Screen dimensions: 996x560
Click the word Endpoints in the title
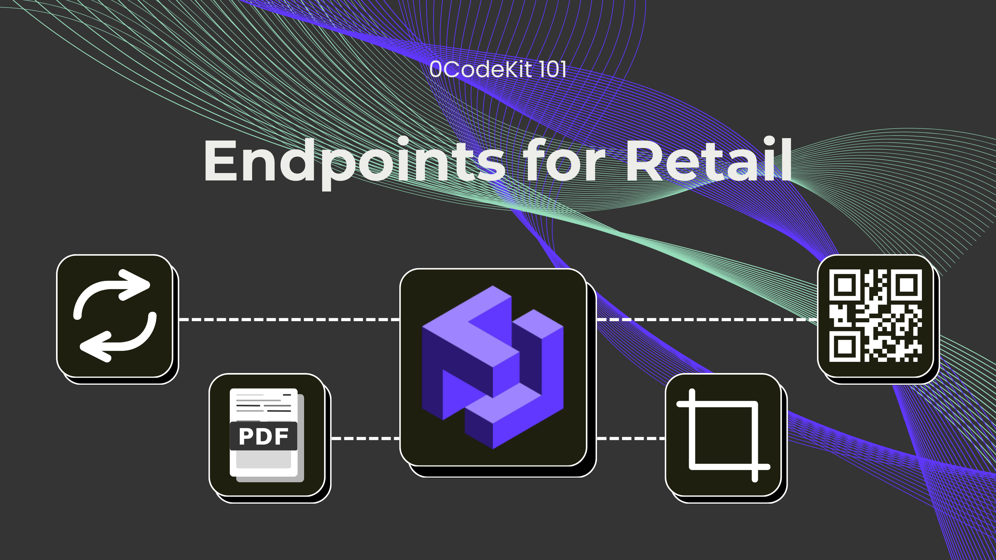(x=354, y=161)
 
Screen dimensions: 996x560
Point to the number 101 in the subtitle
(x=552, y=70)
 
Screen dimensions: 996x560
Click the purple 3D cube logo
(x=493, y=367)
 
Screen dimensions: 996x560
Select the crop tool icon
(x=723, y=435)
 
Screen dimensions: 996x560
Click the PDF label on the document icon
(x=263, y=436)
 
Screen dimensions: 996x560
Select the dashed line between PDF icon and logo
(x=365, y=438)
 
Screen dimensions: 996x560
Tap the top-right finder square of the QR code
(x=906, y=285)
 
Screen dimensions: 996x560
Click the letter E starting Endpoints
(x=220, y=161)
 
